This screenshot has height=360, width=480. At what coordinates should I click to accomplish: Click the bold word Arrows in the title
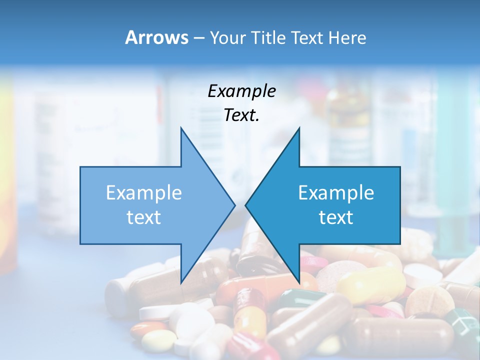pos(156,37)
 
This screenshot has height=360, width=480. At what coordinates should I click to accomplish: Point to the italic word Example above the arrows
pos(241,91)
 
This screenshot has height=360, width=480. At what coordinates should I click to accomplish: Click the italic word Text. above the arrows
pos(241,115)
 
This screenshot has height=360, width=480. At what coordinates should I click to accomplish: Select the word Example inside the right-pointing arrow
pos(144,193)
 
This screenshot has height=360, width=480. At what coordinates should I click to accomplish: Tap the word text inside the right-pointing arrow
pos(144,217)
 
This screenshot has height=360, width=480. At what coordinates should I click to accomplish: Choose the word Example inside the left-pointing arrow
pos(336,193)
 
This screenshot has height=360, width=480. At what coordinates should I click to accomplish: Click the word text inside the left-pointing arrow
pos(336,217)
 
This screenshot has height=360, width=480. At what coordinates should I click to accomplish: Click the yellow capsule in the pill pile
pos(370,285)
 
